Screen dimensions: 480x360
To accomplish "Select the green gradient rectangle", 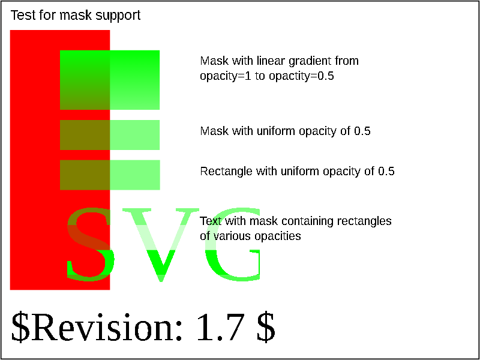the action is tap(110, 80).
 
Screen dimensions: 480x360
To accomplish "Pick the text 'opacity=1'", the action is tap(226, 77).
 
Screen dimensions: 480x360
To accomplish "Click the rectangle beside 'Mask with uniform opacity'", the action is tap(110, 135).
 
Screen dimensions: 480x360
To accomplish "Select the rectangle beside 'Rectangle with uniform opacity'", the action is tap(110, 175).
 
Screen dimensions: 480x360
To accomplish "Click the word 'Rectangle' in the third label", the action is tap(227, 172).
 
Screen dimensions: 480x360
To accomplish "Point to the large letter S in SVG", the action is tap(91, 244).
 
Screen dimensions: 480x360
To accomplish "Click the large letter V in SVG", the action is tap(161, 245).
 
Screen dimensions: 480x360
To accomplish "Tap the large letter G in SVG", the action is tap(233, 244).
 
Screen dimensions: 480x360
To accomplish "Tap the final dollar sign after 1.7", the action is tap(266, 328).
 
